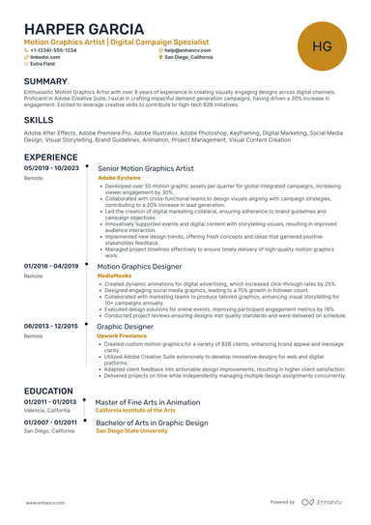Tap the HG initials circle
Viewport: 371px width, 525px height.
[x=323, y=45]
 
